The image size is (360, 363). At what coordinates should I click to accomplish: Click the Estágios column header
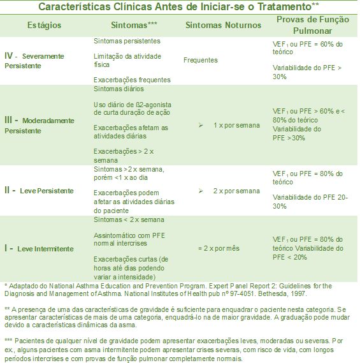click(x=45, y=25)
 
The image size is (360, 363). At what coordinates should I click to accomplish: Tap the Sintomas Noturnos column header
click(x=223, y=25)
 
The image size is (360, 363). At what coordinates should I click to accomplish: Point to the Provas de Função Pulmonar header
click(x=312, y=25)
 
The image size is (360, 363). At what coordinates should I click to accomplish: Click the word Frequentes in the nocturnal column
click(x=200, y=61)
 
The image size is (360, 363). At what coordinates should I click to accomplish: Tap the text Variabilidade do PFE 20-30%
click(x=310, y=202)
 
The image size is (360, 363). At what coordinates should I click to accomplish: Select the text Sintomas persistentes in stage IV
click(x=126, y=41)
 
